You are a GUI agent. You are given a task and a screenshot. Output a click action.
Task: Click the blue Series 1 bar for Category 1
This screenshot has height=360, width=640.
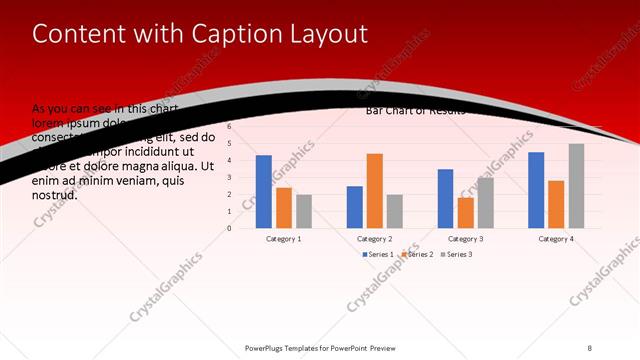click(264, 191)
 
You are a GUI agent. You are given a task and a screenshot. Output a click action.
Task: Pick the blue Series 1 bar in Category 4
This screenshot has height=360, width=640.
click(536, 190)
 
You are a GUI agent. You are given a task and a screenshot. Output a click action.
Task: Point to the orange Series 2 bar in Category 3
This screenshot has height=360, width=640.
click(465, 212)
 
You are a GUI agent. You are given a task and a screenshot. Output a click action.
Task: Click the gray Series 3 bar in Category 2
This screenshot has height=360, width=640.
click(394, 210)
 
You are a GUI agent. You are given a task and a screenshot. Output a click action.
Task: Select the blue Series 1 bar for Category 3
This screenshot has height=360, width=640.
click(445, 198)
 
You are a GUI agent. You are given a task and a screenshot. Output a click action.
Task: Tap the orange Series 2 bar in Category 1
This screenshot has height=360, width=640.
click(284, 207)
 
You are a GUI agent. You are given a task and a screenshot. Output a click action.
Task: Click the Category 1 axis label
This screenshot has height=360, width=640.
click(284, 239)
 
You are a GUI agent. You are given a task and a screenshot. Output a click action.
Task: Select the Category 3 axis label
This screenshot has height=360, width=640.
click(465, 239)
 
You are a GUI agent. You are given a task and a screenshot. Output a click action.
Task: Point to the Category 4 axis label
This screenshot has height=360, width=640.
click(556, 239)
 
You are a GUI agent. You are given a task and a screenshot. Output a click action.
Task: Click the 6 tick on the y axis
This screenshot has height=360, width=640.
click(229, 127)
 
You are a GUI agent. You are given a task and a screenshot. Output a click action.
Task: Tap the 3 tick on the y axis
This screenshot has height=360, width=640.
click(229, 177)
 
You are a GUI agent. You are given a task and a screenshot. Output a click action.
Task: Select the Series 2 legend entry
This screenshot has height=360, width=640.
click(417, 255)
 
